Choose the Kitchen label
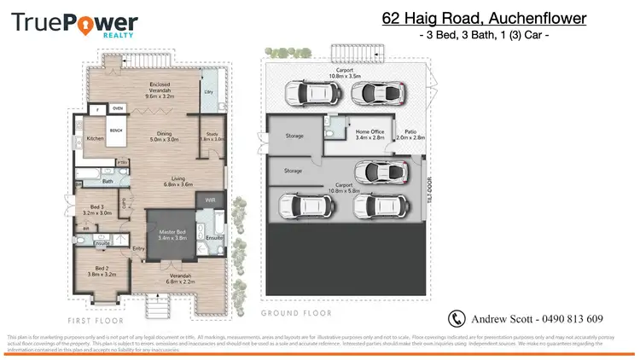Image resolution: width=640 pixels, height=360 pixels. (95, 138)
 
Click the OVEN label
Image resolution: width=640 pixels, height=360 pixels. (118, 109)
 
